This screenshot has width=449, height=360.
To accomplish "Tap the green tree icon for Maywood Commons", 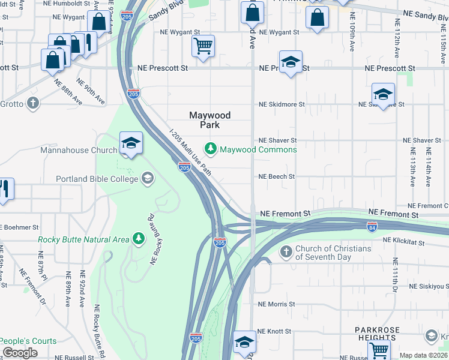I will click(211, 148).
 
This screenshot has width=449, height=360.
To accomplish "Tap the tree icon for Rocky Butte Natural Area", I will click(139, 239).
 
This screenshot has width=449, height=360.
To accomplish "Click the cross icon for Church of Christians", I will click(286, 252).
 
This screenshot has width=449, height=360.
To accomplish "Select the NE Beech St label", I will click(277, 177).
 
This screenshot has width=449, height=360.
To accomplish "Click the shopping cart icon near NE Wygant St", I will click(203, 46).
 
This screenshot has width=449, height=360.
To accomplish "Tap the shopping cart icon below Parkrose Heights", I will click(379, 349).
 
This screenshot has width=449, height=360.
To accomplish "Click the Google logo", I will click(20, 353).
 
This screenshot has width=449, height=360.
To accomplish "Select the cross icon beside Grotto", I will click(33, 103).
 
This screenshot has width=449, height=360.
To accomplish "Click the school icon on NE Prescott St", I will click(291, 62).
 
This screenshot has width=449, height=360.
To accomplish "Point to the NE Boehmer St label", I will click(19, 227).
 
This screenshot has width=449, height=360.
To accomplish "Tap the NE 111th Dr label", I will click(394, 276).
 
